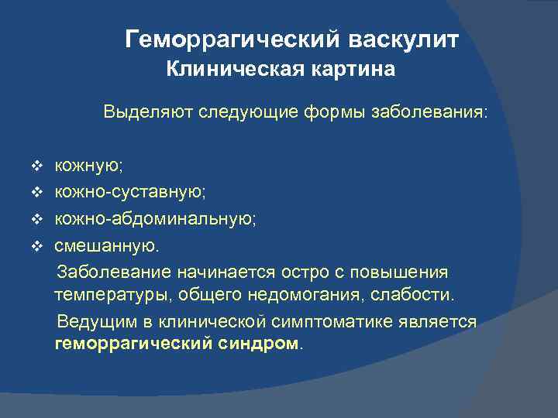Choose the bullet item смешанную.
[105, 246]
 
